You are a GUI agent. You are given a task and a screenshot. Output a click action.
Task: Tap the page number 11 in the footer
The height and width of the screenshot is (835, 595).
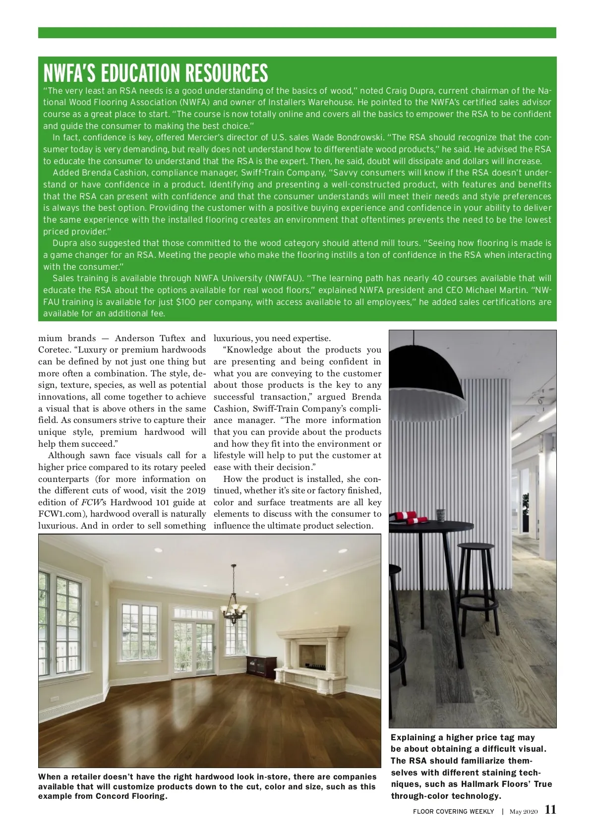[550, 810]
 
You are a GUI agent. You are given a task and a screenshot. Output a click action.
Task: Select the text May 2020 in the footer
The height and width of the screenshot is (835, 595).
[523, 811]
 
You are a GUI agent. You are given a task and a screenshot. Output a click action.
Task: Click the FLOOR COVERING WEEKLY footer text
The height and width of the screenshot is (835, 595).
[453, 811]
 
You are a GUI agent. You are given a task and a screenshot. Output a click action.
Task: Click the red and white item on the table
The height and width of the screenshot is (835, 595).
[408, 518]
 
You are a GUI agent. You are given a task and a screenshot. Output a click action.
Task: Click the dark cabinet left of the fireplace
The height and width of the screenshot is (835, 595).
[262, 667]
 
